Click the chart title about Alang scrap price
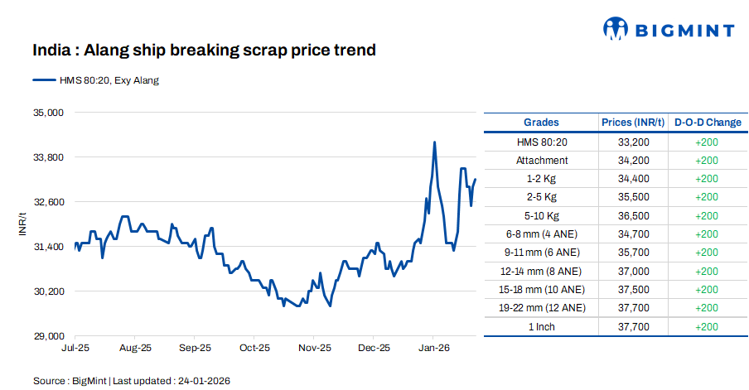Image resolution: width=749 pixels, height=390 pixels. [x=204, y=51]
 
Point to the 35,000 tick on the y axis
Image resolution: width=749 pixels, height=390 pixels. [x=47, y=112]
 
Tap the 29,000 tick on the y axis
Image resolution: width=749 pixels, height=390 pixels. [x=47, y=336]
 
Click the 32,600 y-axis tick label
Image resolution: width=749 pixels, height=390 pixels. [x=47, y=202]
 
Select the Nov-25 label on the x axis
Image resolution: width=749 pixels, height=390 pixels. [x=314, y=349]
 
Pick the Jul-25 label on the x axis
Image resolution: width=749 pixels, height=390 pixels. [x=75, y=349]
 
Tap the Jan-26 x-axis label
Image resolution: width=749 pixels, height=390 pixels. [x=433, y=349]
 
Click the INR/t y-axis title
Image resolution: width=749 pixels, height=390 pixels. [x=22, y=224]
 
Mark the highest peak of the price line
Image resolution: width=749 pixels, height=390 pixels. [x=434, y=142]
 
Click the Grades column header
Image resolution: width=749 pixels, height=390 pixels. [x=541, y=123]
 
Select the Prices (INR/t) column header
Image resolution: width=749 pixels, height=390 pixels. [x=633, y=123]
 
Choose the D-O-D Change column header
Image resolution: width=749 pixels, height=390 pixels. [x=707, y=123]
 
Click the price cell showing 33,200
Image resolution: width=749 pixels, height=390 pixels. [x=633, y=142]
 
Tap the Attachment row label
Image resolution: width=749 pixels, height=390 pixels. [x=541, y=161]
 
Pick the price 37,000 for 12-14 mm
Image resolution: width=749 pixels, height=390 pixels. [x=633, y=272]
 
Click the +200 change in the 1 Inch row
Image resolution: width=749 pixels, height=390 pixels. [x=707, y=327]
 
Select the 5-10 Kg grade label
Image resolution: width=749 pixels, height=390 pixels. [x=541, y=216]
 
